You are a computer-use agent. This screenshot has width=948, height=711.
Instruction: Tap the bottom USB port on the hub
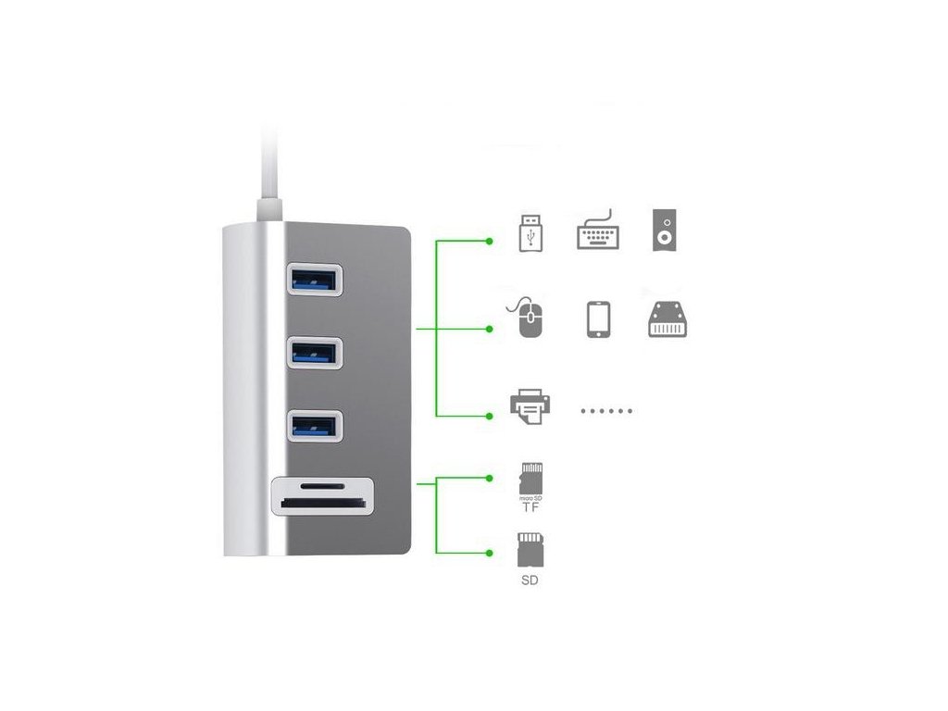(x=314, y=425)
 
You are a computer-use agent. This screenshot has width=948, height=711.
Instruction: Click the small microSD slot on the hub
(x=319, y=484)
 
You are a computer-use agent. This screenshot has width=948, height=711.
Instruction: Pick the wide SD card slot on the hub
(x=322, y=505)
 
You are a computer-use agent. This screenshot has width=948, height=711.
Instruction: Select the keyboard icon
(x=598, y=231)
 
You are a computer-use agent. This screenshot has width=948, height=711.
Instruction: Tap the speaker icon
(x=664, y=230)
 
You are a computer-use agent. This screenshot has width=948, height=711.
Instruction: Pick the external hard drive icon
(x=667, y=319)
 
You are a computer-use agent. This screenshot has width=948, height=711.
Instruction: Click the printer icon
(x=530, y=406)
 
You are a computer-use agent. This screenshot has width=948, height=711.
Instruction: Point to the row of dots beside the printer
(x=606, y=410)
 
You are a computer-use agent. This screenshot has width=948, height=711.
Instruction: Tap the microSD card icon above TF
(x=530, y=478)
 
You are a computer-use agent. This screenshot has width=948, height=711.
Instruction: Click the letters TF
(x=530, y=508)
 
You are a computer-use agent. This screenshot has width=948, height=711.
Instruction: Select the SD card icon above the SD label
(x=530, y=550)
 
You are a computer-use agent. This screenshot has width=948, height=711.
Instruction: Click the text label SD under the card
(x=530, y=581)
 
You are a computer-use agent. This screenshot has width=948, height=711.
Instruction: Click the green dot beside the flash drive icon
(x=490, y=242)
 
